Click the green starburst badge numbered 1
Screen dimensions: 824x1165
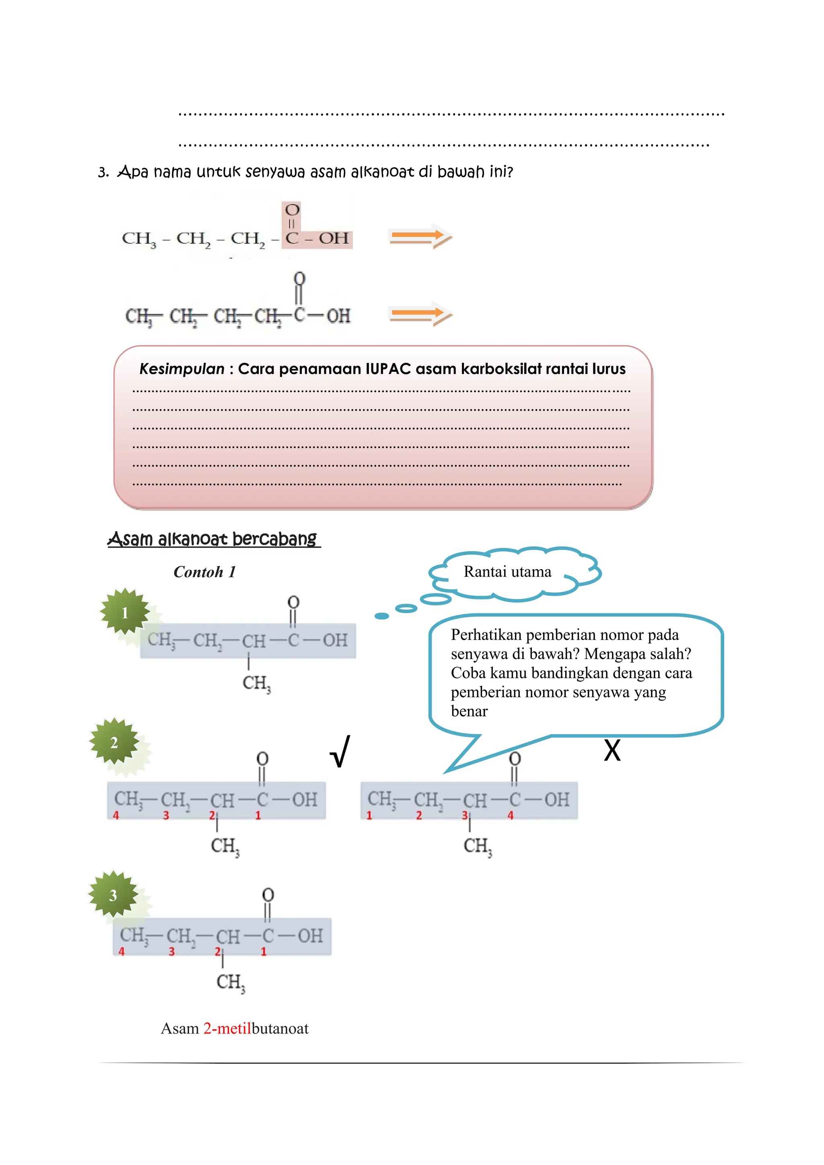click(125, 612)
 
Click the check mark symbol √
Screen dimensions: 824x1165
click(340, 751)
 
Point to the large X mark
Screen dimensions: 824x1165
click(612, 750)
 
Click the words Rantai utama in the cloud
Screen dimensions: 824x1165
click(507, 572)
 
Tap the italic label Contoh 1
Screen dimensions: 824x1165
click(204, 572)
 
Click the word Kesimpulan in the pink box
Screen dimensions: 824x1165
click(181, 369)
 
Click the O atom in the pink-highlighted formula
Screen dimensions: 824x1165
click(292, 210)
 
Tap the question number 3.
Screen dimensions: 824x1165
click(103, 173)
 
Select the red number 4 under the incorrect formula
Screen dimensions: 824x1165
click(511, 815)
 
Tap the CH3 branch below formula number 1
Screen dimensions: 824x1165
click(257, 683)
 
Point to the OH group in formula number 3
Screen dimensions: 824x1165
click(310, 935)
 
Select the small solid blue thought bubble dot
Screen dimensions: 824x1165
click(381, 616)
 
